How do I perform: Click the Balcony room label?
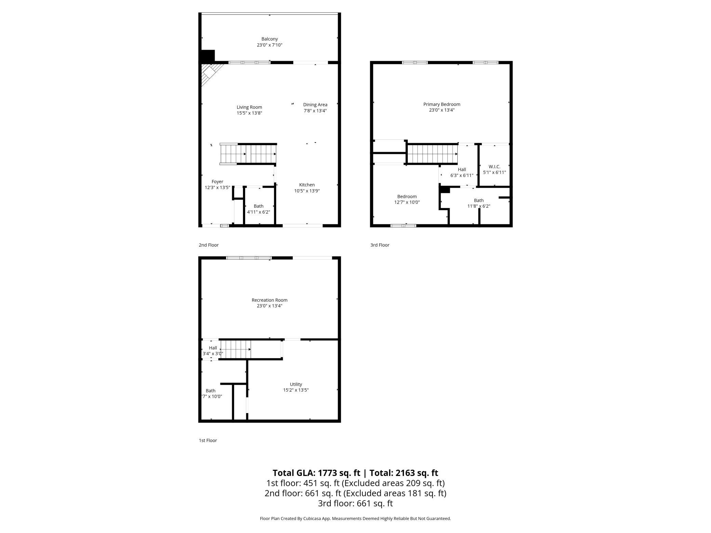point(269,39)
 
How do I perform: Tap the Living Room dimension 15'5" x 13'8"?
point(249,113)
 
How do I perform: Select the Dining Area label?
point(315,105)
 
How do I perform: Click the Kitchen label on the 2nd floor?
point(307,185)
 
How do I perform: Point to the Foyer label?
point(217,182)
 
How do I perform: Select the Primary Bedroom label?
point(442,104)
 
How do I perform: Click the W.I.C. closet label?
point(494,167)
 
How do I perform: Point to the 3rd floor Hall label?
point(461,169)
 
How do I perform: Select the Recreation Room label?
point(269,300)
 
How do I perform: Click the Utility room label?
point(296,384)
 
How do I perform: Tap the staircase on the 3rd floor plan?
point(432,154)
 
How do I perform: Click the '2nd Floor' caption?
point(209,245)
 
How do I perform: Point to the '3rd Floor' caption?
point(380,245)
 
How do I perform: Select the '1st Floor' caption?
point(208,440)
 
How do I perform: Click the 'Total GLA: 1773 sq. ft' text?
point(316,473)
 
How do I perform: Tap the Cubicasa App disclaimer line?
point(355,518)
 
